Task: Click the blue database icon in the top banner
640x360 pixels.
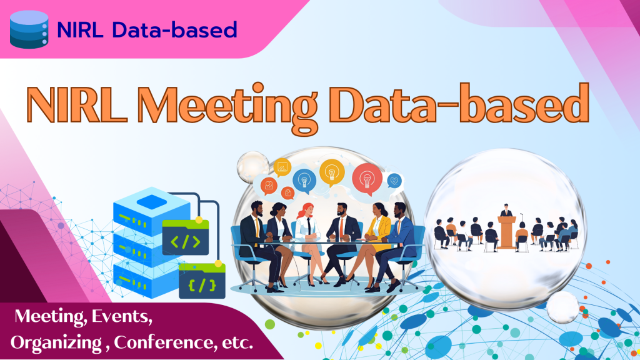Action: tap(29, 29)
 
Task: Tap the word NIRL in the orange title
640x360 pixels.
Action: tap(77, 104)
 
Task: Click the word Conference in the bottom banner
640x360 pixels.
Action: tap(165, 342)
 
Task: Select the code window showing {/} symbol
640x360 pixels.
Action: tap(202, 281)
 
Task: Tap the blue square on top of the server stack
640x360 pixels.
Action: tap(151, 202)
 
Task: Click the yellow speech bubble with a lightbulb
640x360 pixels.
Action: tap(332, 172)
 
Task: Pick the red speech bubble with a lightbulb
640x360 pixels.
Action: tap(367, 179)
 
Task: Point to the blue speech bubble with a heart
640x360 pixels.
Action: tap(394, 180)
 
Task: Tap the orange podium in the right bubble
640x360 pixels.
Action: tap(506, 231)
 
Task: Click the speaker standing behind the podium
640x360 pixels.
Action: tap(506, 210)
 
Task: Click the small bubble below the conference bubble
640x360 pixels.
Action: tap(562, 307)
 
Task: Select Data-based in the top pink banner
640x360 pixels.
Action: tap(175, 30)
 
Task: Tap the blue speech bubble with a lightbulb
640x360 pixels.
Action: tap(304, 180)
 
